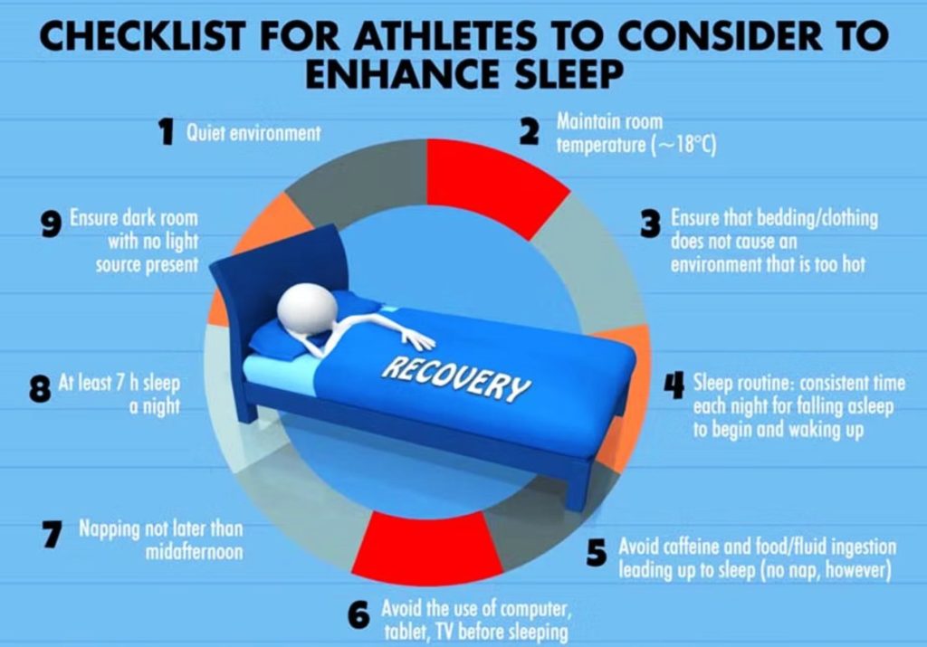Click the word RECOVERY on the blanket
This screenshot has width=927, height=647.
[x=456, y=379]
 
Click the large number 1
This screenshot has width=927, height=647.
[x=167, y=131]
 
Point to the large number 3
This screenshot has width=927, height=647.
[x=650, y=224]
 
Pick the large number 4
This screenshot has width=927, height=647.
[x=674, y=385]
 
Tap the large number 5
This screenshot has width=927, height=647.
[x=597, y=554]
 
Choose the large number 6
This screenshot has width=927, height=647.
[x=358, y=615]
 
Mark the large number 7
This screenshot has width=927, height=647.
[x=53, y=534]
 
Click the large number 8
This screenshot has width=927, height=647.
[x=40, y=389]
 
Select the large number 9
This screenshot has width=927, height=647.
[x=52, y=224]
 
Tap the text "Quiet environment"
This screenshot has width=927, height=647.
[x=253, y=133]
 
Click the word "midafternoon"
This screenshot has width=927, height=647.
[x=194, y=552]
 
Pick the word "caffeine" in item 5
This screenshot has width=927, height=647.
[x=684, y=547]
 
